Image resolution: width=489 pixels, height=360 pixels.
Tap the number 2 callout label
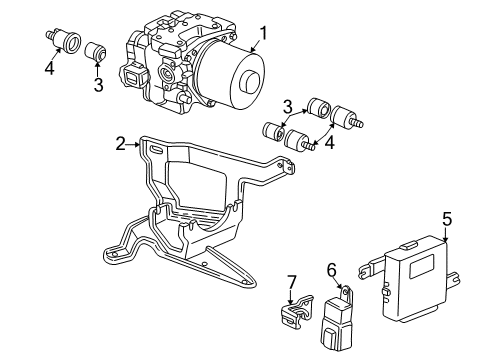point(121,145)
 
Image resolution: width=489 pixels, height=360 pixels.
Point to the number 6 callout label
point(331,270)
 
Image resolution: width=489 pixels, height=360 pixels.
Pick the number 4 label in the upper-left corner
point(49,70)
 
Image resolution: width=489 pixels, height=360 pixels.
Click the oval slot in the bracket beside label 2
point(157,149)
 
